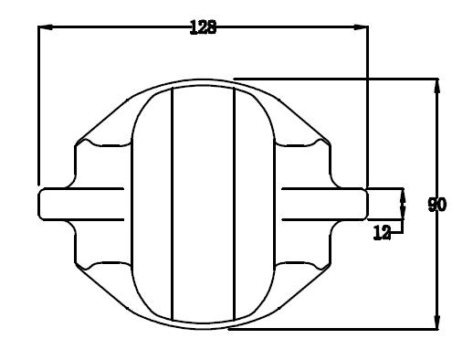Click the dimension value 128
(203, 27)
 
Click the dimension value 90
(437, 205)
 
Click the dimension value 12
(382, 233)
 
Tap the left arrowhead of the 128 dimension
(46, 27)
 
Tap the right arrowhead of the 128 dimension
(361, 27)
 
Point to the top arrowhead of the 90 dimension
(437, 86)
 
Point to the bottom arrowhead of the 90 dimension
(437, 322)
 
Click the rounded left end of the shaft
(39, 204)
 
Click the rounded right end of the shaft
(366, 204)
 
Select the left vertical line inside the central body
(173, 205)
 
